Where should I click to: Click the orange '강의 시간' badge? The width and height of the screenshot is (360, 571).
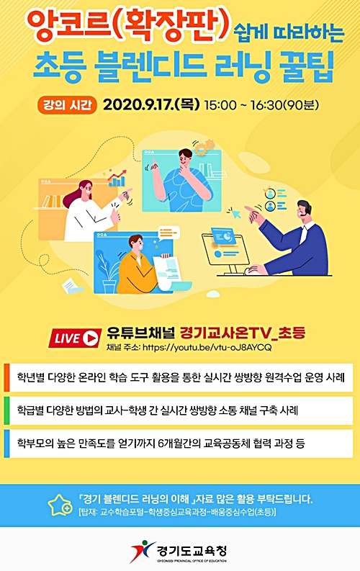pos(68,105)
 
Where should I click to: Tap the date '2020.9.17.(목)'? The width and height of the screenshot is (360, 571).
pos(151,105)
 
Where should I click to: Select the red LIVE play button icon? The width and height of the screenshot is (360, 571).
pos(75,338)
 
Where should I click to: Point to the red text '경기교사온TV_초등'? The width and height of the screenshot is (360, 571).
pos(243,333)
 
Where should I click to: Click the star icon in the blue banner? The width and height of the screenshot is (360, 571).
pos(60,505)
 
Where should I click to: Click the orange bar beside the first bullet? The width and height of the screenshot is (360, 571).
pos(6,377)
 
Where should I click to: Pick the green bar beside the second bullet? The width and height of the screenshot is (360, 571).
pos(6,410)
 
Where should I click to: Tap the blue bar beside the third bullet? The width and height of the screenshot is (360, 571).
pos(6,444)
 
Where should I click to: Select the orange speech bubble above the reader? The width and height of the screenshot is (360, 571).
pos(168,233)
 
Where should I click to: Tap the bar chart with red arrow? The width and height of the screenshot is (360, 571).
pos(117,178)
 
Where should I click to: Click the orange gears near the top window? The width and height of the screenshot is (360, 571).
pos(204,147)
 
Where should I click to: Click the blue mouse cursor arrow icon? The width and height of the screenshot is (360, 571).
pos(235,212)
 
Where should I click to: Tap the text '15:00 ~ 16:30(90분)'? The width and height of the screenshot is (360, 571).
pos(261,105)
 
